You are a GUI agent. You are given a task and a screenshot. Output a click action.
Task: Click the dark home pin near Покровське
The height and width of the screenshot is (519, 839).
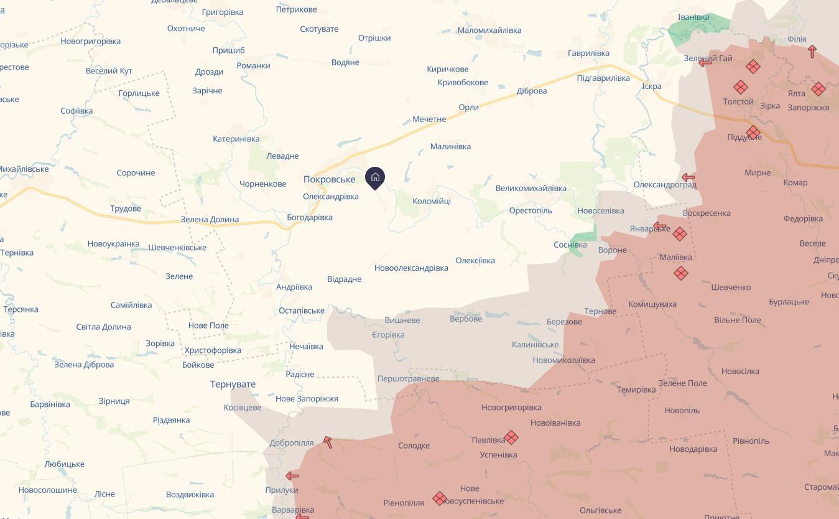point(375,177)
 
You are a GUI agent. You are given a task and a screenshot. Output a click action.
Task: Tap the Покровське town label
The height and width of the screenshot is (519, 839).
point(329,179)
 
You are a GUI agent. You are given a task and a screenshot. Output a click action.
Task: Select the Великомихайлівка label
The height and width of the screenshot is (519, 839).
point(531,188)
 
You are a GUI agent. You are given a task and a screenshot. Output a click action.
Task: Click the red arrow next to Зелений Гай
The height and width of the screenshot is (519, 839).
point(705,62)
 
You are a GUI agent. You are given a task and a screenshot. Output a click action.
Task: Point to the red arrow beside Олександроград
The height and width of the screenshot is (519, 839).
point(688,177)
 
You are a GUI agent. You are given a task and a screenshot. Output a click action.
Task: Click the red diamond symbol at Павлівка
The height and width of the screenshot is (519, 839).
point(511,437)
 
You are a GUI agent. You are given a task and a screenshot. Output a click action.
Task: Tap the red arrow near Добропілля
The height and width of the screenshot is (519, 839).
point(327,442)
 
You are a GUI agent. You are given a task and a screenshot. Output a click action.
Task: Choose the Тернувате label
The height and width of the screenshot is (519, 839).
point(233,384)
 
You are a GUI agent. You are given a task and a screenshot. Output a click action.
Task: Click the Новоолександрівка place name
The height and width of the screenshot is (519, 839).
point(411,268)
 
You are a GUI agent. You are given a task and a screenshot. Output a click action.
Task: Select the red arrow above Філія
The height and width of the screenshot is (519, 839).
point(812,51)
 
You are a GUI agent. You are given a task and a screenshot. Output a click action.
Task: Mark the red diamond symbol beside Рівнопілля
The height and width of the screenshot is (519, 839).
point(440,498)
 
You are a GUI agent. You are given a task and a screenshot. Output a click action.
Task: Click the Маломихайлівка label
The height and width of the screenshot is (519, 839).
point(489,30)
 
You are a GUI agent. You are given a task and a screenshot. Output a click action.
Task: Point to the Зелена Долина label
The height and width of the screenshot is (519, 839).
point(210,220)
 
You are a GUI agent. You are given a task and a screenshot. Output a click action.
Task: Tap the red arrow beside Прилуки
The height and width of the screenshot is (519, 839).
point(292,476)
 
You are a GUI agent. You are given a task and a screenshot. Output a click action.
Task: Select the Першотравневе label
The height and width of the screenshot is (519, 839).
point(408,379)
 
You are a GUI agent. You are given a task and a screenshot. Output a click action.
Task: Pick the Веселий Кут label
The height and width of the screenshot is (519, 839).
point(109,71)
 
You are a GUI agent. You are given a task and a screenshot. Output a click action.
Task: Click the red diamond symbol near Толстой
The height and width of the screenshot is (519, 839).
point(740,87)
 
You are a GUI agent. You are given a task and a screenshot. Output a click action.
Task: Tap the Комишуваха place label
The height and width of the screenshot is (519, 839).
point(652,304)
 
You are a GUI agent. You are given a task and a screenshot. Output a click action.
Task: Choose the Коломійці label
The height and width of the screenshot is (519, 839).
point(432,201)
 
